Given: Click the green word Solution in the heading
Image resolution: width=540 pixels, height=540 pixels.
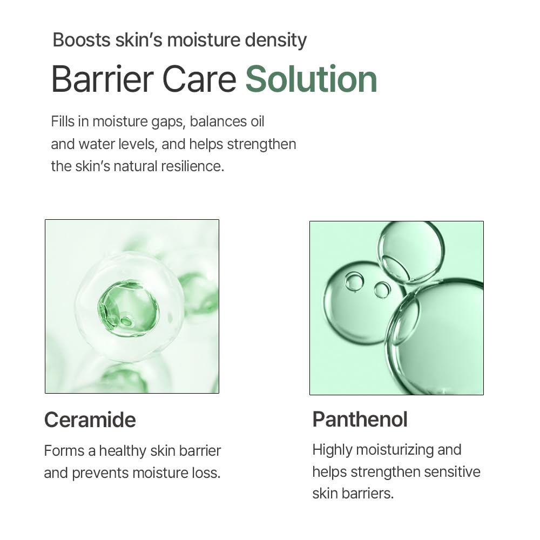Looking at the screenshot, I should tap(311, 79).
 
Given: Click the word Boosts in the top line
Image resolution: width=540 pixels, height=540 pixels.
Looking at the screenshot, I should tap(81, 40).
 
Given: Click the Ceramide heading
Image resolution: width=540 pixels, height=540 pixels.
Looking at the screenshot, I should tap(90, 420).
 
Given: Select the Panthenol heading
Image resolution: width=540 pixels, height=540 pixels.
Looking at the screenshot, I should tap(360, 420).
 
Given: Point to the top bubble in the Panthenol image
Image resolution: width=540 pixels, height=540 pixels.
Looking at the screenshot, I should tap(411, 252).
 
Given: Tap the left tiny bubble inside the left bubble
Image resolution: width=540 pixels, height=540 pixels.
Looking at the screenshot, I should tap(354, 281).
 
